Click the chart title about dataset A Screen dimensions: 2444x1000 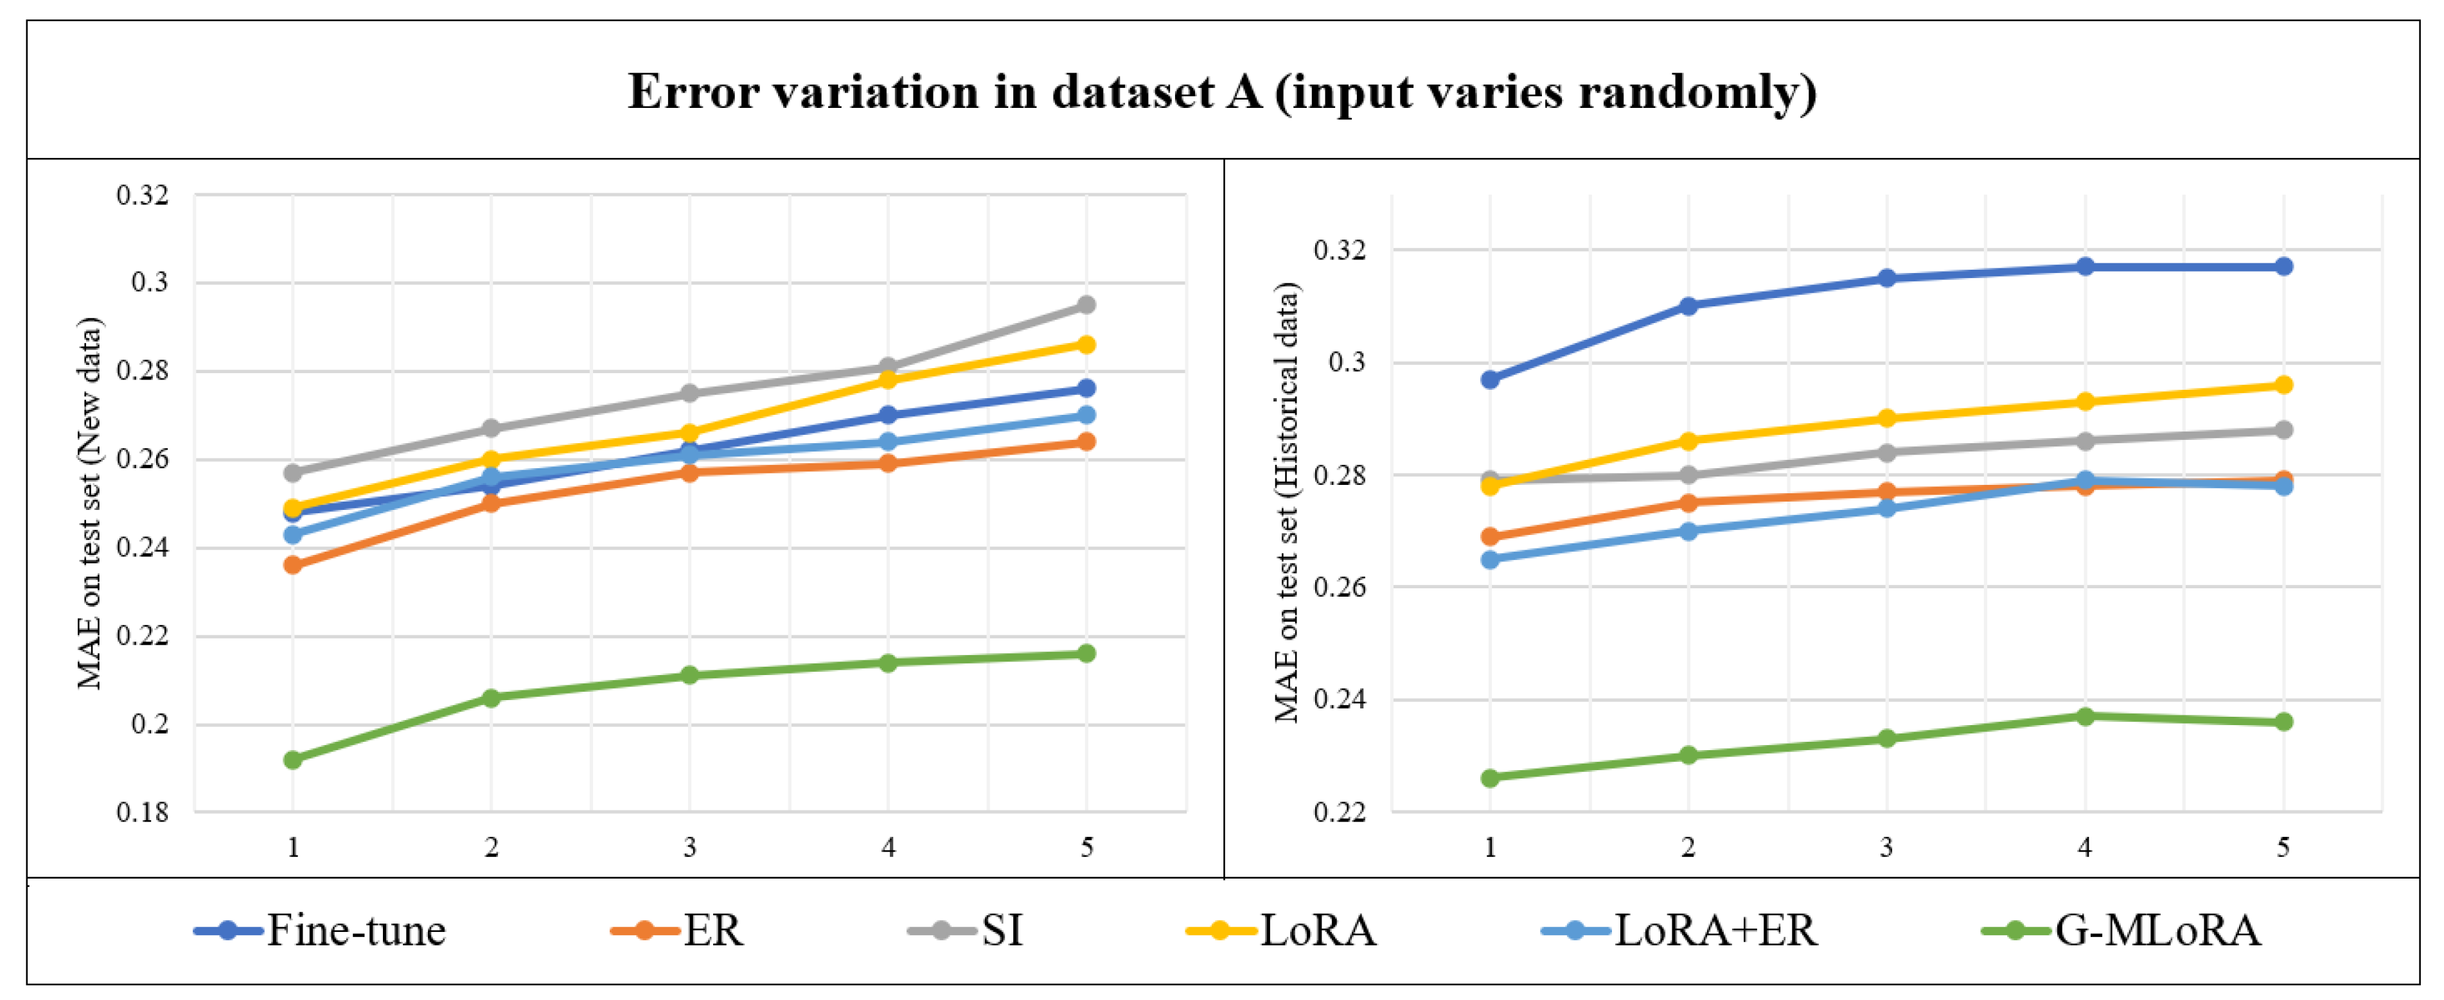coord(1222,92)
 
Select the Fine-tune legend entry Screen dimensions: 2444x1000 coord(320,930)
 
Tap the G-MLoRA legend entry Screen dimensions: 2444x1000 coord(2121,930)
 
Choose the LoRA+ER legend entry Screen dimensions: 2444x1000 coord(1679,930)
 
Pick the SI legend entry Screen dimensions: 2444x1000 coord(966,930)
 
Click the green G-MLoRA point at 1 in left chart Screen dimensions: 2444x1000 coord(293,760)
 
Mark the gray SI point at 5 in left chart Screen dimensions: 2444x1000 coord(1086,304)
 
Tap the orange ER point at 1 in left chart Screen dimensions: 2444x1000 coord(293,565)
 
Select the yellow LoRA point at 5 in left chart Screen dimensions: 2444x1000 coord(1086,344)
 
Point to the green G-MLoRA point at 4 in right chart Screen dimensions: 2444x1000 coord(2084,716)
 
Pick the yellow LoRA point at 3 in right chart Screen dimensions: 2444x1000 coord(1886,418)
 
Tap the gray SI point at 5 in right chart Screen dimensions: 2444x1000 coord(2283,430)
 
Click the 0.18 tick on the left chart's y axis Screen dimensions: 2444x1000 coord(143,812)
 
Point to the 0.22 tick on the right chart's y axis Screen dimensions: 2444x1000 coord(1340,812)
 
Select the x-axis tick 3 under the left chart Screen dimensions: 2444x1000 coord(690,846)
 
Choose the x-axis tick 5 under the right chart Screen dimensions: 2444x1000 coord(2283,846)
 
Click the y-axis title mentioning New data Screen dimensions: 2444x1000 coord(89,503)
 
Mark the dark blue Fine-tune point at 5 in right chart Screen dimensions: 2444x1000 coord(2283,267)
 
